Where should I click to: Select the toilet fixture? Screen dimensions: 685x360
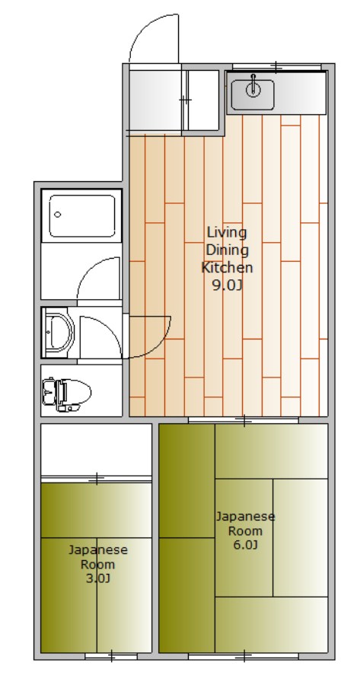click(x=66, y=393)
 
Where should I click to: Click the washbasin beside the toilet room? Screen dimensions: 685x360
click(x=58, y=332)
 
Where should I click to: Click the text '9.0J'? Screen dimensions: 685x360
click(x=226, y=285)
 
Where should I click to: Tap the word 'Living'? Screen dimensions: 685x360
click(x=227, y=231)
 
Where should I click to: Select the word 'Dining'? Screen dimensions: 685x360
click(x=227, y=250)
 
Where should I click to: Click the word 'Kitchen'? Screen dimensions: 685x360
click(x=227, y=268)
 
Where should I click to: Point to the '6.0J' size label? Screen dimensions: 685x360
click(x=245, y=545)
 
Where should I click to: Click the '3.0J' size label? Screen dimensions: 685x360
click(x=98, y=578)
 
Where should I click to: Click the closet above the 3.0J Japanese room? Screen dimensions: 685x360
click(x=96, y=450)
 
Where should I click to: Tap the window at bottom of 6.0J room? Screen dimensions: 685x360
click(x=244, y=655)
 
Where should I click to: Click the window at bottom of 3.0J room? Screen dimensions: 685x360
click(x=111, y=655)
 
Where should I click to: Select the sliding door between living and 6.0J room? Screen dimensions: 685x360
click(x=244, y=419)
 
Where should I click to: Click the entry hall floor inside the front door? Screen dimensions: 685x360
click(x=156, y=100)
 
